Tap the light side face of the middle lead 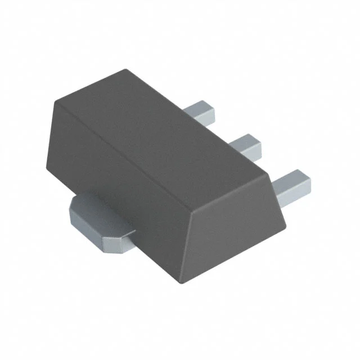[x=249, y=152]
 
